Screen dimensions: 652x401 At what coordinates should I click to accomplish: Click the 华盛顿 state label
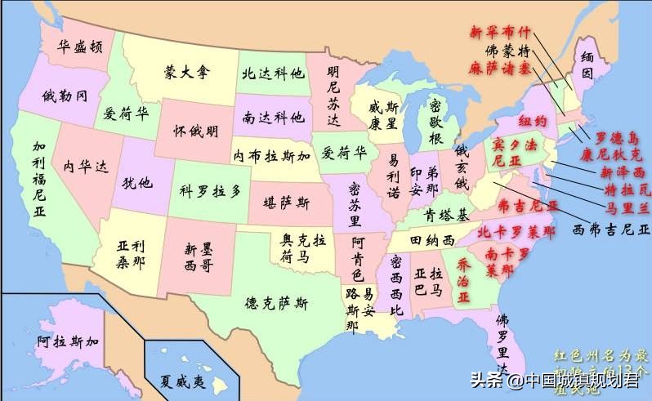(79, 47)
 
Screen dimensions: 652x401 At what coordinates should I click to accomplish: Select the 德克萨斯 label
(277, 303)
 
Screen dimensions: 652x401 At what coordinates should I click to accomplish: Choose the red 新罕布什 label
(499, 33)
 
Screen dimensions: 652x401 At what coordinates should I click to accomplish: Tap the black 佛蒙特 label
(507, 50)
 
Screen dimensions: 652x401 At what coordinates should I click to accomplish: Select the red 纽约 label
(533, 120)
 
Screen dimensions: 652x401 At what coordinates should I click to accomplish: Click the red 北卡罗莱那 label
(516, 232)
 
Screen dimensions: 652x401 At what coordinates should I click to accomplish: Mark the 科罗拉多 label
(211, 190)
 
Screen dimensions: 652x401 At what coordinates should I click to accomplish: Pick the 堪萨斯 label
(285, 201)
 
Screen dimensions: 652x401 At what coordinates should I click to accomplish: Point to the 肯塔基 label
(446, 216)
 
